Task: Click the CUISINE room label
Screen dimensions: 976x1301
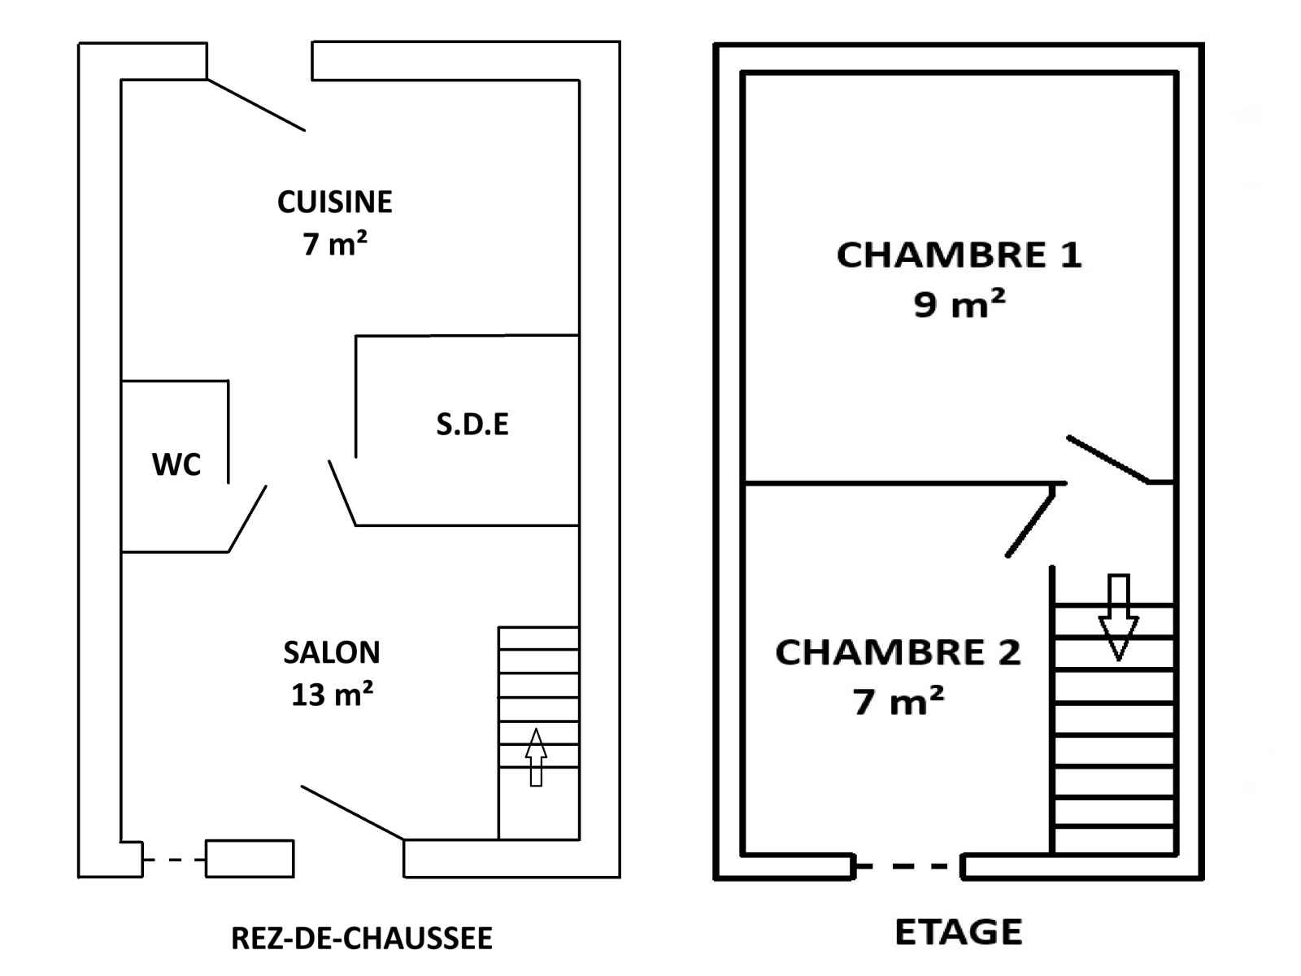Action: tap(334, 202)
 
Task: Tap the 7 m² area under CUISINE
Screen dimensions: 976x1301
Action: tap(334, 244)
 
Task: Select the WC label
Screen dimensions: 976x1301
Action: tap(176, 464)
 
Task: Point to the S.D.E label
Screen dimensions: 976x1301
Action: tap(472, 424)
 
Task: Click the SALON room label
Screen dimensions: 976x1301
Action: tap(332, 652)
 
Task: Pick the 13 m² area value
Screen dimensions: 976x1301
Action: tap(332, 695)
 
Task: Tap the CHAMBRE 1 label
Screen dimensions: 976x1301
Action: tap(959, 255)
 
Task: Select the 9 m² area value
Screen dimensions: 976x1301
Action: tap(959, 304)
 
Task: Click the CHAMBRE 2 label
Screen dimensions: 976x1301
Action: tap(898, 652)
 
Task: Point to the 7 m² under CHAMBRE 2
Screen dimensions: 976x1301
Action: tap(898, 701)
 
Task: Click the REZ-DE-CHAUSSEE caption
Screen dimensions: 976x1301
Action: tap(362, 939)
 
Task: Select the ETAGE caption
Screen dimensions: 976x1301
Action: tap(959, 932)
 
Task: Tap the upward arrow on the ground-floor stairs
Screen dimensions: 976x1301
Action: tap(536, 756)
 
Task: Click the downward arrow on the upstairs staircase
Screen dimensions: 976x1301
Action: tap(1119, 617)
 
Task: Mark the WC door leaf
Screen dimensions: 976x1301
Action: tap(248, 519)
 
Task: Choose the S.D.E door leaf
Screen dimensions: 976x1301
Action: tap(342, 493)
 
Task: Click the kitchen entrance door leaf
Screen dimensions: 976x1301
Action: tap(256, 105)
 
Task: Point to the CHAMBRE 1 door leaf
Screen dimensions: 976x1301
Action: tap(1107, 460)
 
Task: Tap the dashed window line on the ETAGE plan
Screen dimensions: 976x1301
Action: tap(907, 866)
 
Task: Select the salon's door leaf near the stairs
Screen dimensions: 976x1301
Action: tap(352, 812)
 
